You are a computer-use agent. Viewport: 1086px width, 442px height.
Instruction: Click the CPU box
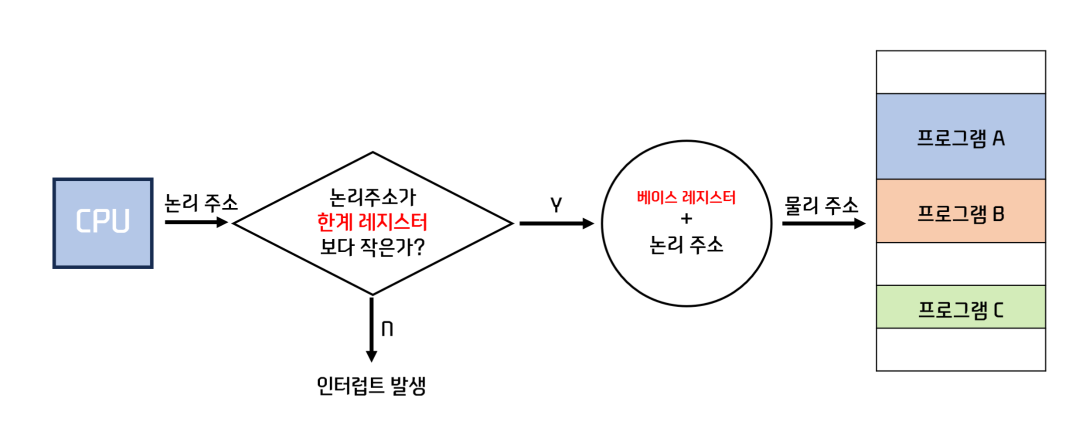pos(103,223)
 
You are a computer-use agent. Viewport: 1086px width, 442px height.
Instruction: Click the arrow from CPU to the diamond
pos(196,222)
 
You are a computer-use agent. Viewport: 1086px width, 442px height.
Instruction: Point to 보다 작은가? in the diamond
pos(372,247)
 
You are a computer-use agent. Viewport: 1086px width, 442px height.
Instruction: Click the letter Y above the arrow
pos(556,205)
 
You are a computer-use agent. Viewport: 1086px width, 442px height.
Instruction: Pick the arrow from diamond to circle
pos(556,223)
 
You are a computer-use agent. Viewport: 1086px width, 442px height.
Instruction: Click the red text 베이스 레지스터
pos(686,198)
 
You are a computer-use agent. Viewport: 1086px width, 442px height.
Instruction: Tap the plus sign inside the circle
pos(686,219)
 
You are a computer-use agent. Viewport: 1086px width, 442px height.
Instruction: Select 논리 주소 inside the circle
pos(686,245)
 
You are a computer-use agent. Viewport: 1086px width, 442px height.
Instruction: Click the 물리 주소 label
pos(821,205)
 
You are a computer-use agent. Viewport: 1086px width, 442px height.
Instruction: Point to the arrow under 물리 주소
pos(823,223)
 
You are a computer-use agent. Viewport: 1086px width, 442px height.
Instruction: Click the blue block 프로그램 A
pos(960,137)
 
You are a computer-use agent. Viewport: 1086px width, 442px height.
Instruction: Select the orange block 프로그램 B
pos(960,211)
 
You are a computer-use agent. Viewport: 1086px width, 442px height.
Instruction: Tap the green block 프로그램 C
pos(960,307)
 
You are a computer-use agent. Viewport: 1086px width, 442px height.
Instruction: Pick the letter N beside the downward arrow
pos(387,329)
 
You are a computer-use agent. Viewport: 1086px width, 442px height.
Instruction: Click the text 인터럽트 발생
pos(371,386)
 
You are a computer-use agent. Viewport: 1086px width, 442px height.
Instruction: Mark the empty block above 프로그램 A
pos(960,72)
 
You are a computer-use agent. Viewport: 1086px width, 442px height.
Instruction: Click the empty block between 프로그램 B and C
pos(960,264)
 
